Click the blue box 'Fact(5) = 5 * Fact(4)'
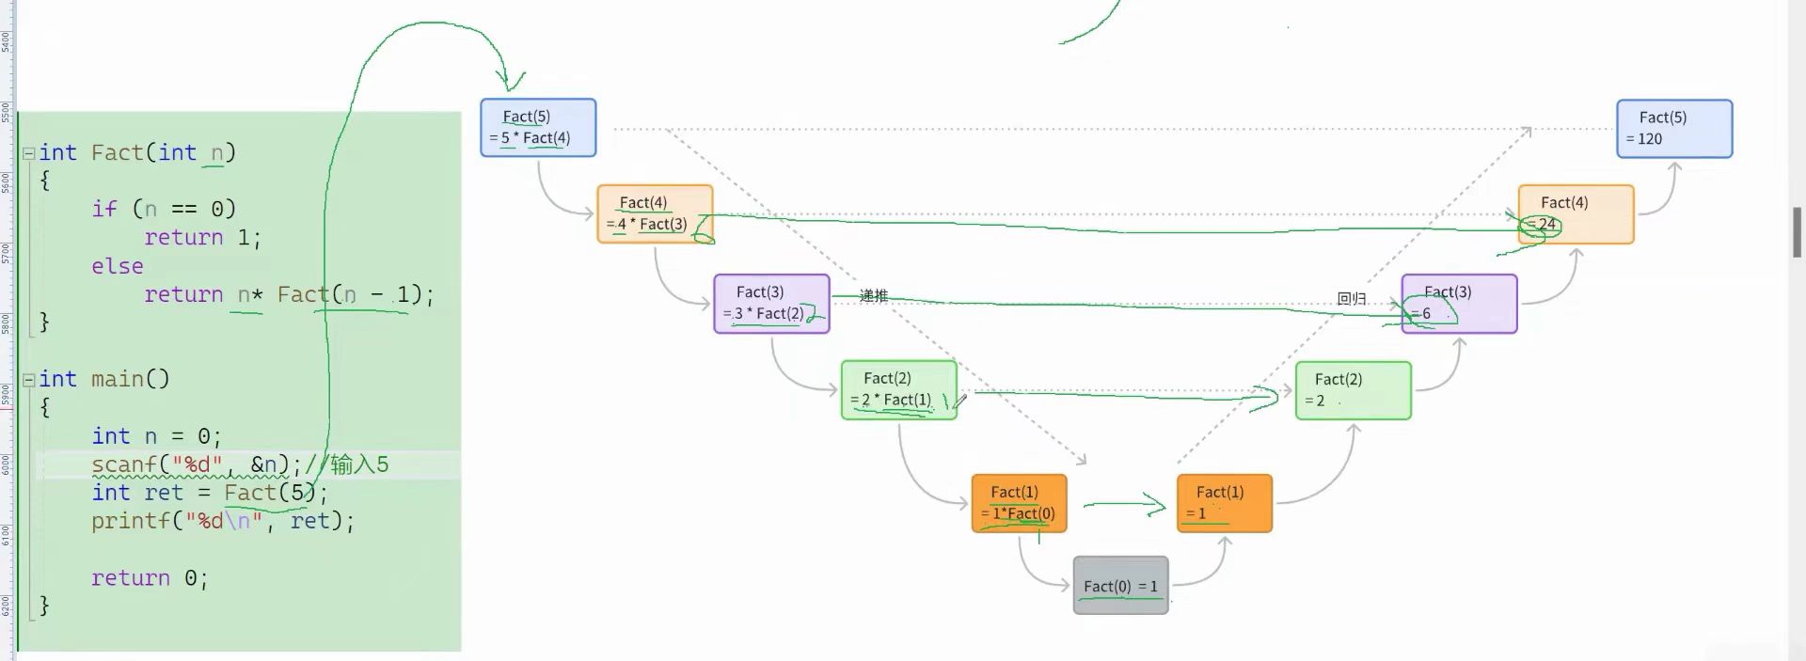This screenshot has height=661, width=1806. tap(537, 128)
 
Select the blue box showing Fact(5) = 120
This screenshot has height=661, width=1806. tap(1673, 129)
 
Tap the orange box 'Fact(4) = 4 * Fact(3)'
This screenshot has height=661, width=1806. tap(654, 214)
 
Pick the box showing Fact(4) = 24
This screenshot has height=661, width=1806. tap(1576, 214)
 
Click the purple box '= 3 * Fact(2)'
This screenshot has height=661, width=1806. tap(770, 304)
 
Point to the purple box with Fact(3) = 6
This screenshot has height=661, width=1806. tap(1458, 304)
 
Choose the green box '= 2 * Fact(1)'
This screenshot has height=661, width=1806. tap(898, 390)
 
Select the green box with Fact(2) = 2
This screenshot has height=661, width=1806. tap(1353, 390)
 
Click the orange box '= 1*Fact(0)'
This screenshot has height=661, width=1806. tap(1019, 503)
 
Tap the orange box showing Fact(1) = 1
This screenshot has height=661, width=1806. tap(1224, 503)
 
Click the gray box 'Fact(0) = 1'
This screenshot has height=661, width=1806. tap(1120, 586)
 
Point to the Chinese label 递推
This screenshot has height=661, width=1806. tap(873, 296)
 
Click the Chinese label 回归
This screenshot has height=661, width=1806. tap(1351, 299)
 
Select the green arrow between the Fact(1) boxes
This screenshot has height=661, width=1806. tap(1124, 505)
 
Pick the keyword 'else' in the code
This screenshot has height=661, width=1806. tap(118, 266)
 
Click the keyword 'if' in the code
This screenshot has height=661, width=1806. tap(103, 209)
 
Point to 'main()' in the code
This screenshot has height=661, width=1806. tap(130, 379)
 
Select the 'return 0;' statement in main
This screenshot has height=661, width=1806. tap(149, 577)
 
